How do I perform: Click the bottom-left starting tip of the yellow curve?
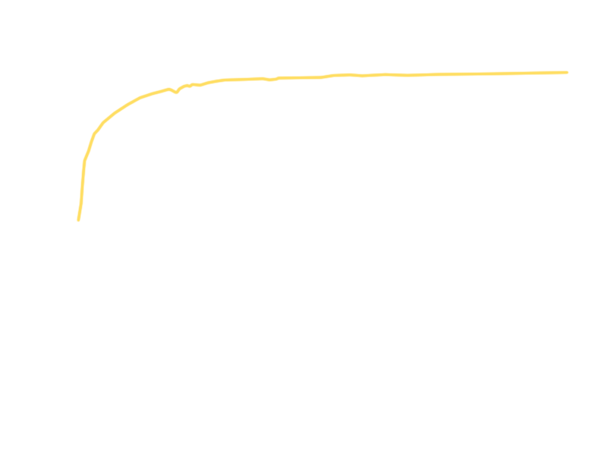point(80,219)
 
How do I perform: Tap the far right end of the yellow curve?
point(566,74)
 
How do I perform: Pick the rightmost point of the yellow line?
point(567,74)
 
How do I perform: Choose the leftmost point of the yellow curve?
point(77,212)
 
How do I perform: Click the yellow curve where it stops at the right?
point(565,74)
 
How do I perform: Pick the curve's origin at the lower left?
point(80,219)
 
